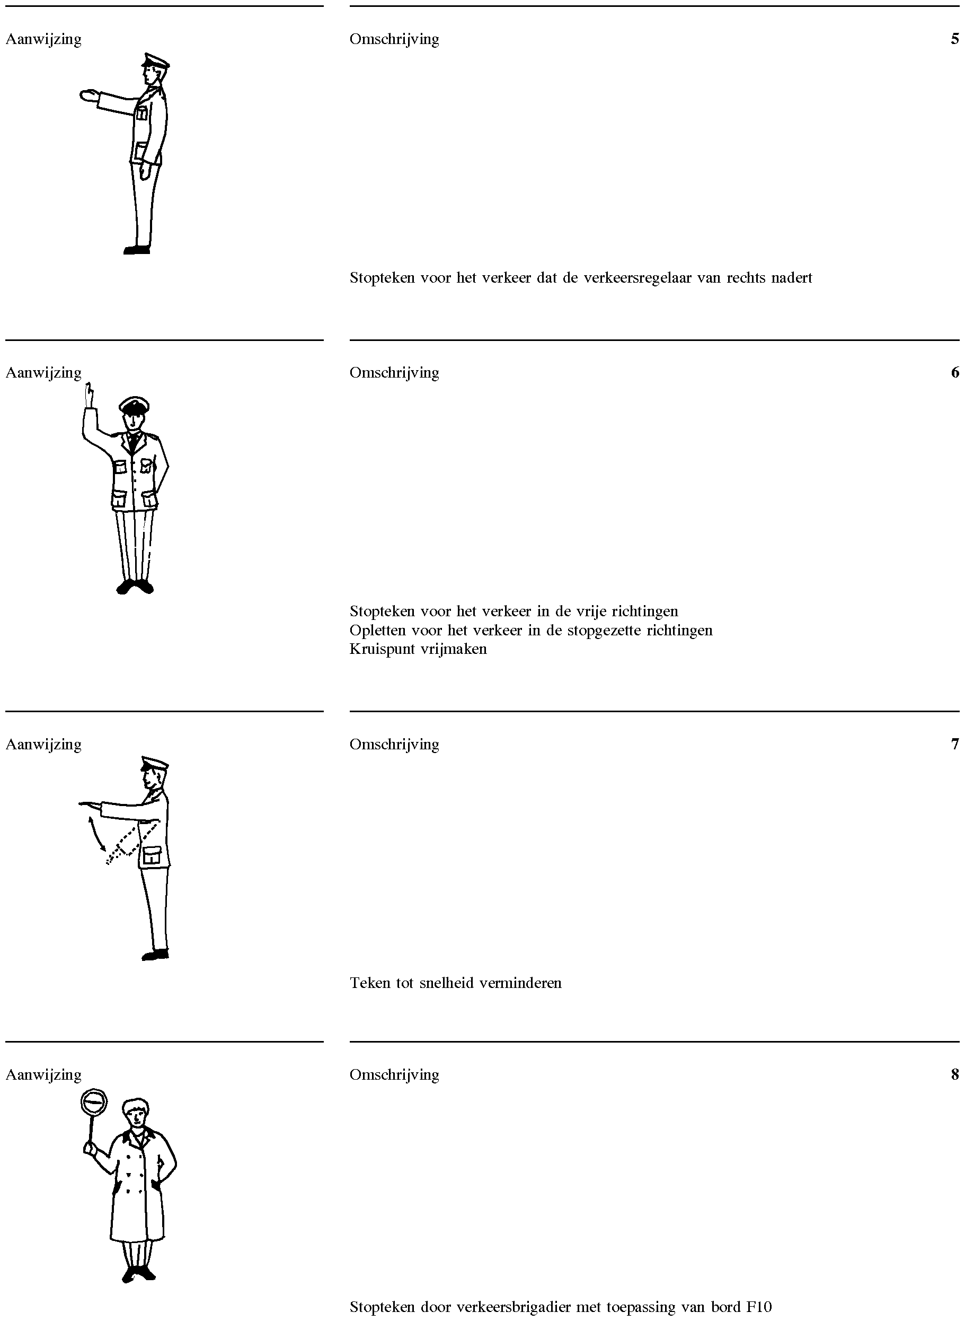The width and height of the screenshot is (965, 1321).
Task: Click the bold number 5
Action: (x=954, y=39)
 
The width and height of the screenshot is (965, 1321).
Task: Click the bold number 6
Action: (x=954, y=372)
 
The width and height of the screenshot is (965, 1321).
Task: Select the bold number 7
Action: (x=954, y=744)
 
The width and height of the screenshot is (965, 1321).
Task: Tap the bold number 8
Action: (x=954, y=1074)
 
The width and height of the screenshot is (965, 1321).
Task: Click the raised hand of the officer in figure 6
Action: (x=89, y=395)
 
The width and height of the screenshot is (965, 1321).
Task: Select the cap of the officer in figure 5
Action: (x=155, y=60)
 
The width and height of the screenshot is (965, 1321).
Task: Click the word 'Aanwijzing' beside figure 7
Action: (x=44, y=745)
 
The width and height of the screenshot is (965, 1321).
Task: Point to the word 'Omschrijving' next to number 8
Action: (x=394, y=1075)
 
